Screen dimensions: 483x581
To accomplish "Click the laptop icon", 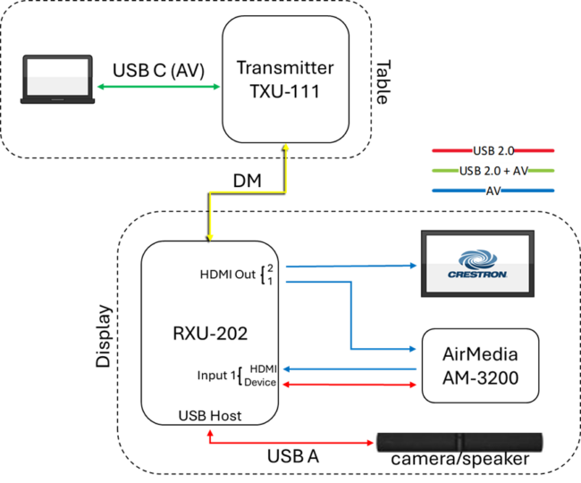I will (57, 80).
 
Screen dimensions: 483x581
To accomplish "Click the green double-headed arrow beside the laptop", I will (158, 87).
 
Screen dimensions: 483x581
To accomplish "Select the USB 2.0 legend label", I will (493, 150).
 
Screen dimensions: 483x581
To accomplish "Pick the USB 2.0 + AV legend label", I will (493, 170).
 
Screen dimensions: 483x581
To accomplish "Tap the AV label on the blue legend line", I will (493, 191).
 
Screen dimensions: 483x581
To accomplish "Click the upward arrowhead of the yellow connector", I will (286, 148).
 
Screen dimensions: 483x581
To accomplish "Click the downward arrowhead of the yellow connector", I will (210, 236).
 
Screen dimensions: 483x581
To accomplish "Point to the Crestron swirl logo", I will (477, 258).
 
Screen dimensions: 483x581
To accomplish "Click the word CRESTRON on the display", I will (477, 275).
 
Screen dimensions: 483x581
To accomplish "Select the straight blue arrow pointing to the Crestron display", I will (349, 266).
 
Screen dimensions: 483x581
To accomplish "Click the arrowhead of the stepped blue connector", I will (412, 349).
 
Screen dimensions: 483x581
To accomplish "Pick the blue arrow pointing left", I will (349, 369).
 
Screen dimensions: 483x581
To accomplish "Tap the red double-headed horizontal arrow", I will (349, 385).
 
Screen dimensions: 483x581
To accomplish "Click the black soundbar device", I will (459, 442).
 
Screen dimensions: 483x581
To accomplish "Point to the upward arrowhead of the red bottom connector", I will (210, 432).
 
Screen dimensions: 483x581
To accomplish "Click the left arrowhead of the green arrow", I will (100, 87).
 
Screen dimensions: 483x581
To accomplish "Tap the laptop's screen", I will (57, 76).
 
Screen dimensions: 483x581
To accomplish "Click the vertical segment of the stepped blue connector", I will (350, 315).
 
